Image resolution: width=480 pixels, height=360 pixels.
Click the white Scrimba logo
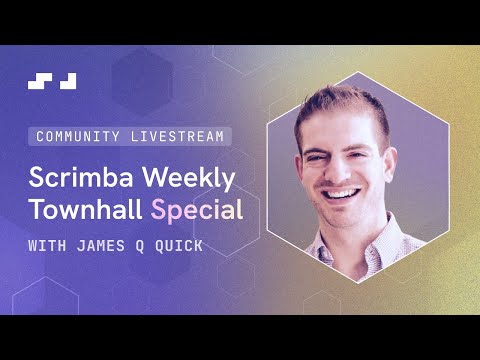(x=52, y=81)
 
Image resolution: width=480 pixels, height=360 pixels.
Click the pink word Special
(x=195, y=211)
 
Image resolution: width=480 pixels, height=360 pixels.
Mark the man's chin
(x=344, y=215)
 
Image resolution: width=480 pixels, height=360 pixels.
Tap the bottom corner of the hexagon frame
(x=358, y=282)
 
